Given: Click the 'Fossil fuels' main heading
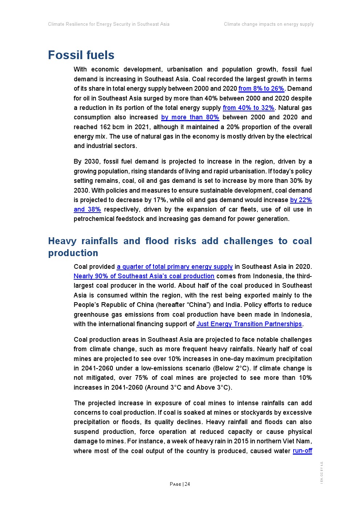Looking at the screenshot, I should (81, 55).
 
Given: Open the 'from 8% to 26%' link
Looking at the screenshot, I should (261, 89).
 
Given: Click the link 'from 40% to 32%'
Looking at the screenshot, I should (248, 108).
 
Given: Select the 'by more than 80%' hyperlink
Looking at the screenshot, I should (190, 117).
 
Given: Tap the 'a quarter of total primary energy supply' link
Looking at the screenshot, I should (175, 267).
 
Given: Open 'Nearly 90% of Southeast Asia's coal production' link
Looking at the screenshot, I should (144, 276).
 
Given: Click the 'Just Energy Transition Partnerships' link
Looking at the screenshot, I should (249, 324).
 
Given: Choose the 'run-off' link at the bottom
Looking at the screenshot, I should (302, 451).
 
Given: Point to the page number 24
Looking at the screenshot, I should (187, 484).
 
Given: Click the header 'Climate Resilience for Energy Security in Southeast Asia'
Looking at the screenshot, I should (109, 24).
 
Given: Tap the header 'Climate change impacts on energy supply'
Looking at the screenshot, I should (269, 24).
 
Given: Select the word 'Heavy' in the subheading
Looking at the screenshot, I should (62, 241).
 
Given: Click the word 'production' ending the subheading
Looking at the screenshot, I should (73, 253).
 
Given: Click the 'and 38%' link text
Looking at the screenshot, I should (87, 209).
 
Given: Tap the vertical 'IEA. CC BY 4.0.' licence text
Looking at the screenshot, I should (322, 472).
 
